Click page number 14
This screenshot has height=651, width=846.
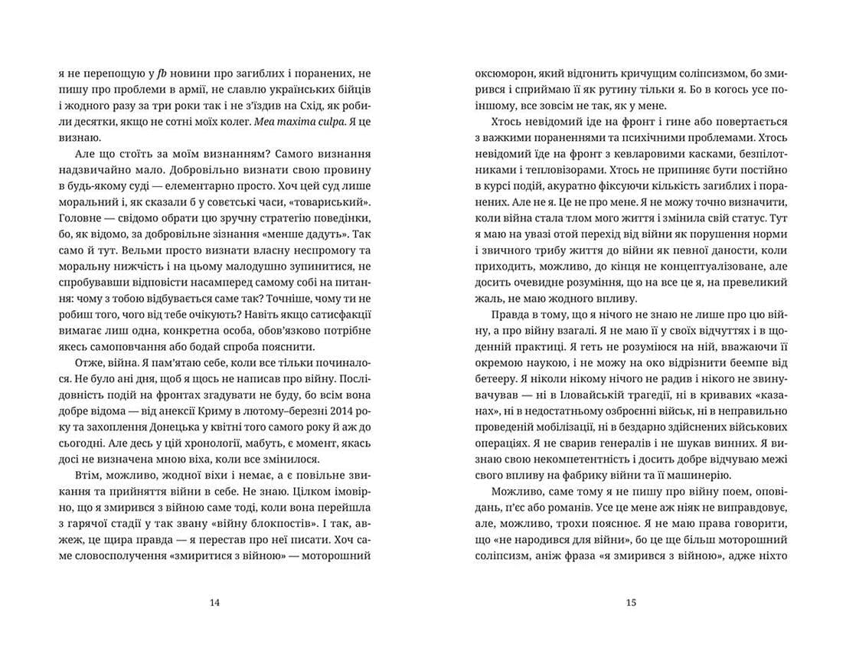[214, 602]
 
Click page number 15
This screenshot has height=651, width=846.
[631, 602]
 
